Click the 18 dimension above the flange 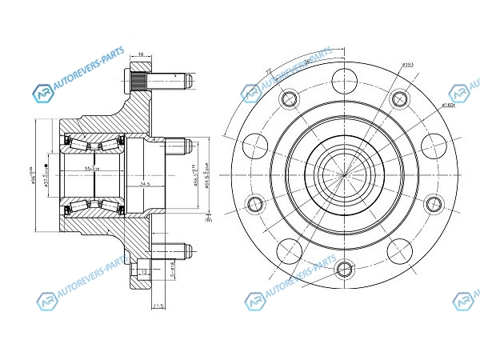142,54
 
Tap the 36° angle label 308,62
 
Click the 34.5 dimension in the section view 145,184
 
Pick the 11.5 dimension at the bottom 158,305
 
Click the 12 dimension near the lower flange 143,272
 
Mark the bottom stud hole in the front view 345,268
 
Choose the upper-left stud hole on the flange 289,99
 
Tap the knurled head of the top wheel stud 137,81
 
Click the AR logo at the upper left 42,94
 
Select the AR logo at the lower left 45,302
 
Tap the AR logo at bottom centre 253,302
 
